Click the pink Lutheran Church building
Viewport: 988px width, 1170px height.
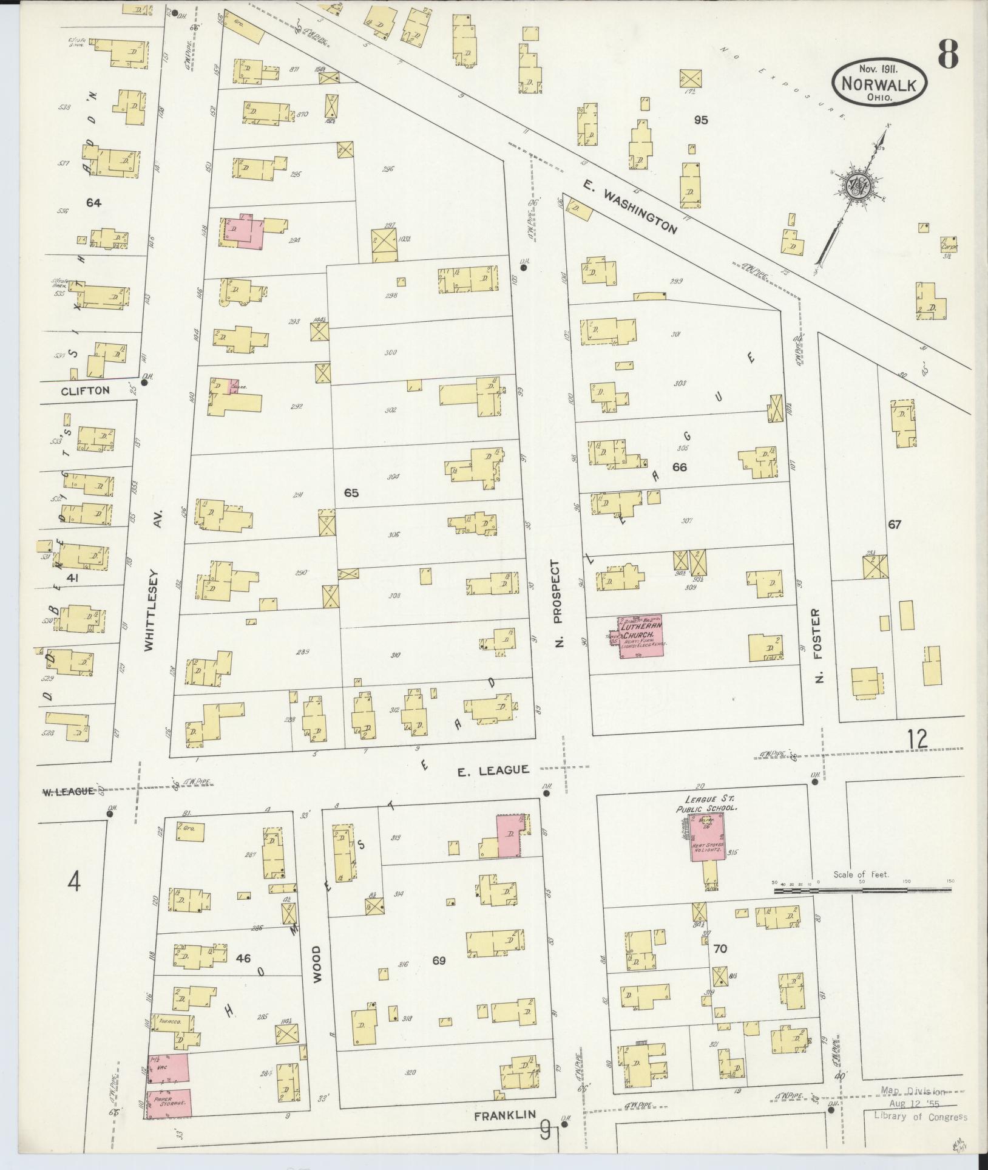(641, 636)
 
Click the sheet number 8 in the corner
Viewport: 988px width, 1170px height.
(948, 55)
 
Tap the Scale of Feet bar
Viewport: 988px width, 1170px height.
(862, 891)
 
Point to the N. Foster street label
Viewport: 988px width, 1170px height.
(818, 645)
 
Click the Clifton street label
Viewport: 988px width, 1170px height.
(85, 390)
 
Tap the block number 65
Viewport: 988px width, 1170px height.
(351, 492)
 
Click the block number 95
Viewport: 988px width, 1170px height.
(701, 120)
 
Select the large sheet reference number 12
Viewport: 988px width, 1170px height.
(918, 739)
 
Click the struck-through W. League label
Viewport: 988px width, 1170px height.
(68, 791)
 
